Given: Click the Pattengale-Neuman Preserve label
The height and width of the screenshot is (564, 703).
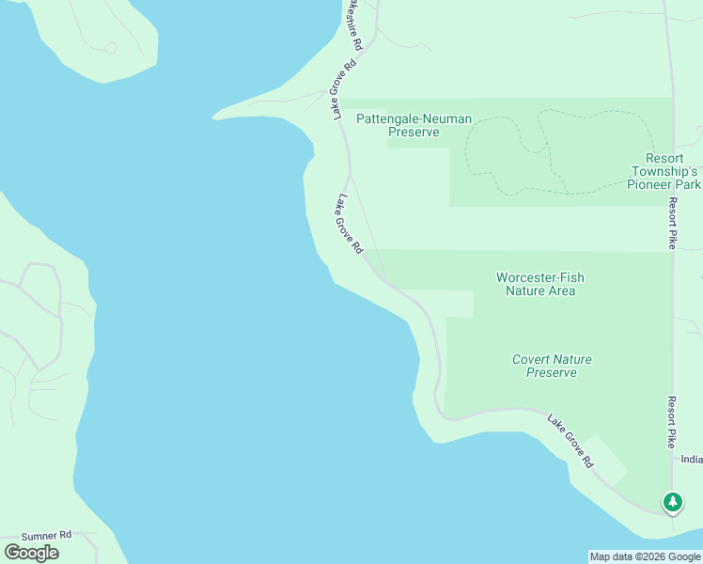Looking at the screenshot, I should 414,125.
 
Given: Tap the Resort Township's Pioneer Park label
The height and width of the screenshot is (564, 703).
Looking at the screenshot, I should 664,171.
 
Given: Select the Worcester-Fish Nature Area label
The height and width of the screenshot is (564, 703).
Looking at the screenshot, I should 539,284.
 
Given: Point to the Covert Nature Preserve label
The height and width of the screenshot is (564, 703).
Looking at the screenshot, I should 552,366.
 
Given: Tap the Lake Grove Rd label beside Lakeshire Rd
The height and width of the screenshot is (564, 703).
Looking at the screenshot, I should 342,89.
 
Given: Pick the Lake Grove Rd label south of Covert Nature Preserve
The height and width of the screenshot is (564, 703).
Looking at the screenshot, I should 570,442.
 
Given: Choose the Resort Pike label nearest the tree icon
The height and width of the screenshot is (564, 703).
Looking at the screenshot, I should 672,420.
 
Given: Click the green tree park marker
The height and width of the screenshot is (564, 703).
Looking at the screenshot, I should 672,502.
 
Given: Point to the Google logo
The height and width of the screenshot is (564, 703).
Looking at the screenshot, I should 32,552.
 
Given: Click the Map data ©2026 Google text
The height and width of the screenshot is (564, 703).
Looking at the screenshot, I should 645,556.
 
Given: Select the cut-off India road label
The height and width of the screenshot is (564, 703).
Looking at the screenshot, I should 692,460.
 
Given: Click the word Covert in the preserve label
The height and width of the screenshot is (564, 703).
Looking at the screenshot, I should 532,359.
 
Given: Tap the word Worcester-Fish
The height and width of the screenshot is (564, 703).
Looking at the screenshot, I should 539,277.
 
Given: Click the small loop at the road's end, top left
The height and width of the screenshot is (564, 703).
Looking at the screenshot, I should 110,47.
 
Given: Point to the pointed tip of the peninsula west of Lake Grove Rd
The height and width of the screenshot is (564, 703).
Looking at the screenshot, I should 215,117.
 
